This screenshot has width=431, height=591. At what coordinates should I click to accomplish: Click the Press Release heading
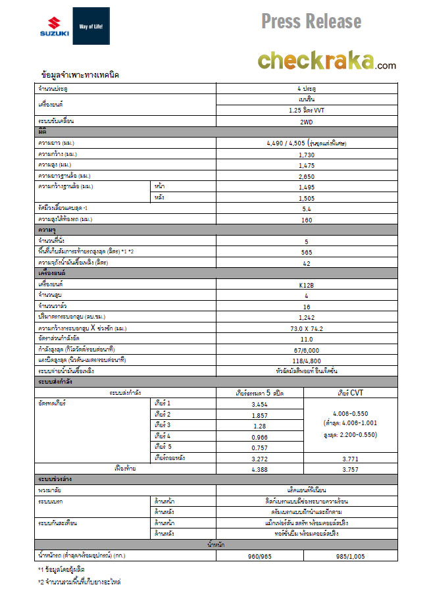pos(311,21)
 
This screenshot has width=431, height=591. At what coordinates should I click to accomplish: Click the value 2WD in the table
pos(306,122)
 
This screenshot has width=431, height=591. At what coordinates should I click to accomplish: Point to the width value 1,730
pos(306,154)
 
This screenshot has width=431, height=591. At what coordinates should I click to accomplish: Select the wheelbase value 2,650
pos(306,176)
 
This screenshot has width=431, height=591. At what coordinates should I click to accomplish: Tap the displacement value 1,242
pos(306,317)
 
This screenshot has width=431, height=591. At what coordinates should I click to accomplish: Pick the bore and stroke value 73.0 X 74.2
pos(306,327)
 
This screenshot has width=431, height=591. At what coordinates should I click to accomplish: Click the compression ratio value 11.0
pos(306,338)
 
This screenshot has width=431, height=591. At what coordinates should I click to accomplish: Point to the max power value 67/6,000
pos(306,349)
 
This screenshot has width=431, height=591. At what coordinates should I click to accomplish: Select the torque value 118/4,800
pos(306,360)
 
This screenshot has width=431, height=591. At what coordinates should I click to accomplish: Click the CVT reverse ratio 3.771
pos(349,458)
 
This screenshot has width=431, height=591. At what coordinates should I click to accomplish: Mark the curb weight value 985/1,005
pos(349,555)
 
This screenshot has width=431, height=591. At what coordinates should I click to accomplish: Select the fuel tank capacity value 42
pos(306,263)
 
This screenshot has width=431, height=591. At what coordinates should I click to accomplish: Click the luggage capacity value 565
pos(306,251)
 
